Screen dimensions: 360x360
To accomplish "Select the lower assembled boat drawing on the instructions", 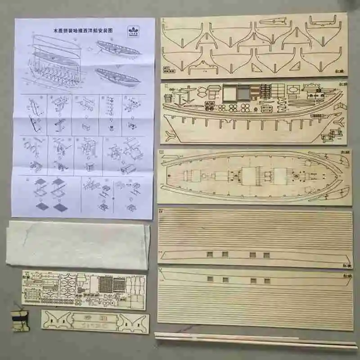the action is pyautogui.click(x=118, y=77).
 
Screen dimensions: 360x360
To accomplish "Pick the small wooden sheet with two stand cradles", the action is pyautogui.click(x=95, y=321).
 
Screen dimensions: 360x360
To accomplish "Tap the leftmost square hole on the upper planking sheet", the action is pyautogui.click(x=208, y=254).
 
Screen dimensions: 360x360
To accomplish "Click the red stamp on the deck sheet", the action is pyautogui.click(x=344, y=153).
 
